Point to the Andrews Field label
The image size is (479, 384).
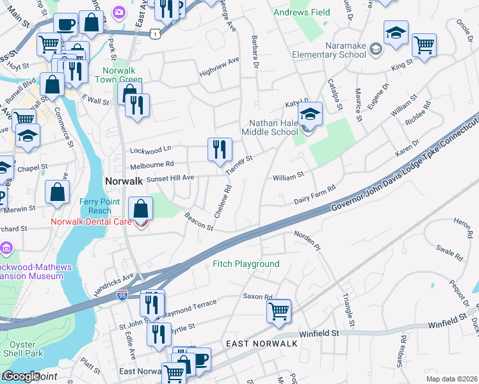pyautogui.click(x=302, y=12)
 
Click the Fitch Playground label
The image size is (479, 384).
pyautogui.click(x=246, y=264)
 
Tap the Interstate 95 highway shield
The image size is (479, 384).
pyautogui.click(x=122, y=294)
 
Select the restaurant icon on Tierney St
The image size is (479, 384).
pyautogui.click(x=219, y=150)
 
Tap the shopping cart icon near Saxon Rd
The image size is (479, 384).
pyautogui.click(x=279, y=312)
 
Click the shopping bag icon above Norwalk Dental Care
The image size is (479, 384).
pyautogui.click(x=140, y=208)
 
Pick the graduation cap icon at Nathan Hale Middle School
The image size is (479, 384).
pyautogui.click(x=310, y=115)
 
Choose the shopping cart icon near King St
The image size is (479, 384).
pyautogui.click(x=424, y=45)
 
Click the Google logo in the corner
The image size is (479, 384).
pyautogui.click(x=21, y=376)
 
